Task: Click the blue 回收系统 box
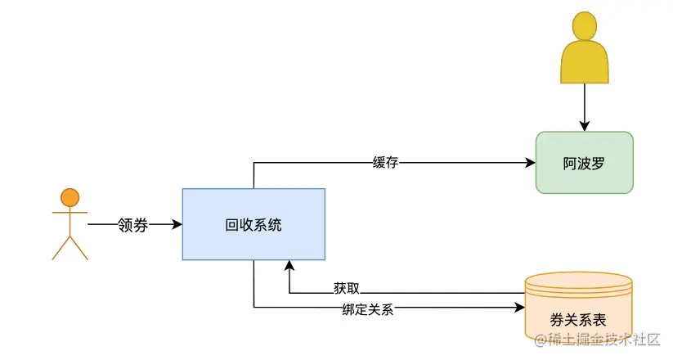tap(253, 225)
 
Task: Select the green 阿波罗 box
tap(584, 162)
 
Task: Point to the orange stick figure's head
tap(70, 197)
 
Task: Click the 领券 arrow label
tap(132, 224)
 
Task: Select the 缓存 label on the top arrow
tap(385, 162)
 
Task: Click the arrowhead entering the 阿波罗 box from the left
tap(530, 162)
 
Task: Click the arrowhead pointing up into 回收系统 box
tap(288, 266)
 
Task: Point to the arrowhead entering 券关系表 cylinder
tap(519, 308)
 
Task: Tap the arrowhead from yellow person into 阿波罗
tap(585, 126)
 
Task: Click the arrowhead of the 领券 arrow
tap(177, 224)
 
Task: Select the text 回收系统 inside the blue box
tap(253, 225)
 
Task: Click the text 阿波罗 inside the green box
tap(584, 162)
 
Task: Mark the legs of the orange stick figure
tap(70, 247)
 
